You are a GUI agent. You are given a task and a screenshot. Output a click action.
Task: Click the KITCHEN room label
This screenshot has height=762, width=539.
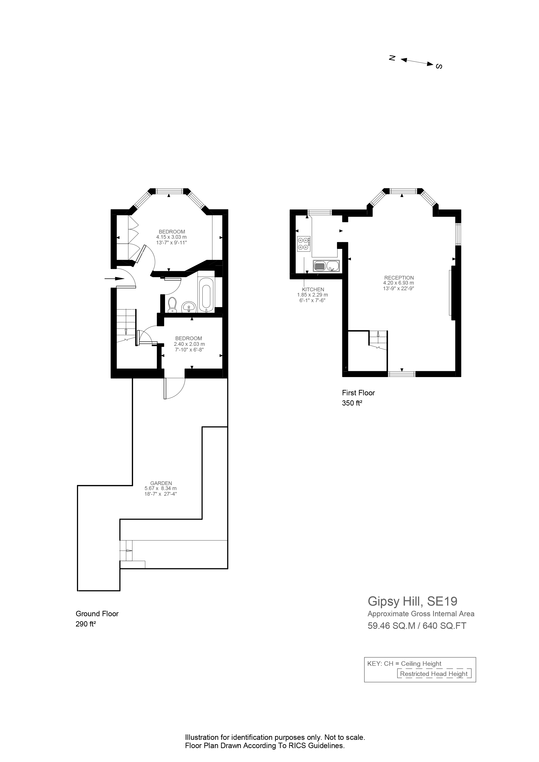313,289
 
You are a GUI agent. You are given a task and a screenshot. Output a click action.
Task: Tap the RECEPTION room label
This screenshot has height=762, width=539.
399,278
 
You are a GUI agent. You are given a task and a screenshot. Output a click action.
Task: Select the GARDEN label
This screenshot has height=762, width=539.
161,483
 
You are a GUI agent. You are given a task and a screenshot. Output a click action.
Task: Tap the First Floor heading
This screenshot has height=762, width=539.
358,393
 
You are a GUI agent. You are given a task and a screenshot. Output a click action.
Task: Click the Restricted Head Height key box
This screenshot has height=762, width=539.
434,674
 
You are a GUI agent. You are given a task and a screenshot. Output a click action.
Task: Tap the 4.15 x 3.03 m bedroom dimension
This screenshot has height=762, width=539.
171,237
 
